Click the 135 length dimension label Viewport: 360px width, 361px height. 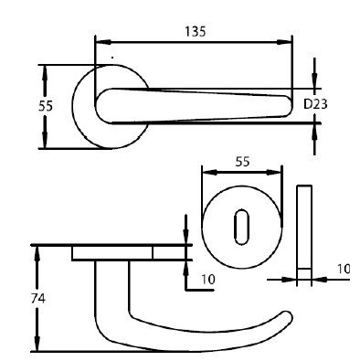tap(196, 31)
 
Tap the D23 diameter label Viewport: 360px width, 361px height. tap(315, 104)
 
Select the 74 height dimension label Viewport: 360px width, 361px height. tap(38, 299)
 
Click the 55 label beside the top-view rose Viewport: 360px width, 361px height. tap(46, 106)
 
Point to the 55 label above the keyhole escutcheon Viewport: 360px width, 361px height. tap(242, 162)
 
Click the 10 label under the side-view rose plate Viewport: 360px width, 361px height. tap(208, 279)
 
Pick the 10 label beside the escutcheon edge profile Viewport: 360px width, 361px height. tap(344, 269)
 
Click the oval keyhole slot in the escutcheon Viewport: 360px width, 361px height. tap(241, 227)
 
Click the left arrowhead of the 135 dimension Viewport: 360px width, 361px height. tap(103, 42)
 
